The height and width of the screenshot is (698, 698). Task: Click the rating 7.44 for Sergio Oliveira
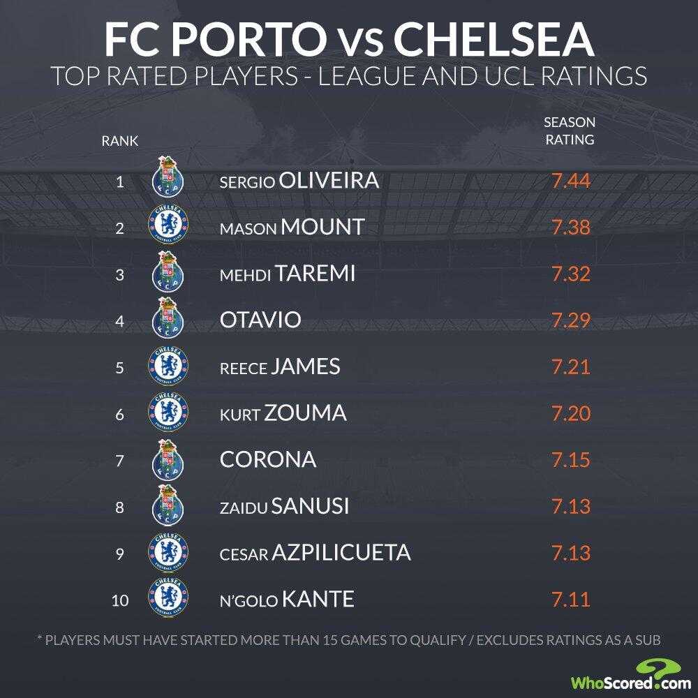(571, 181)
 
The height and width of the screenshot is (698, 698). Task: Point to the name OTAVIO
(260, 320)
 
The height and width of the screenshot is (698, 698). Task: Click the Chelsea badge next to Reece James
(168, 366)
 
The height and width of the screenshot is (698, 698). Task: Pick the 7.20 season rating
(571, 413)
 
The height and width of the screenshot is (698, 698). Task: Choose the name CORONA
(267, 460)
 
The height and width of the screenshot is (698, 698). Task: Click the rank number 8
(120, 507)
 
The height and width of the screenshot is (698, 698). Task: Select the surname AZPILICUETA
(340, 553)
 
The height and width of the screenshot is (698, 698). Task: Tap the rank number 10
(120, 600)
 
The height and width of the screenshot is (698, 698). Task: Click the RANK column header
(120, 141)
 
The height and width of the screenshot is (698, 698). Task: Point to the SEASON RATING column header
(569, 131)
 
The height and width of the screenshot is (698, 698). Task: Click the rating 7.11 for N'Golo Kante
(571, 600)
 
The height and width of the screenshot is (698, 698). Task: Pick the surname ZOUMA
(305, 413)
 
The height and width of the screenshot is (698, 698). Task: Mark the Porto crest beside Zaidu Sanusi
(167, 505)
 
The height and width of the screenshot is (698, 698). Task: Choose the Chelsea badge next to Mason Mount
(168, 226)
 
